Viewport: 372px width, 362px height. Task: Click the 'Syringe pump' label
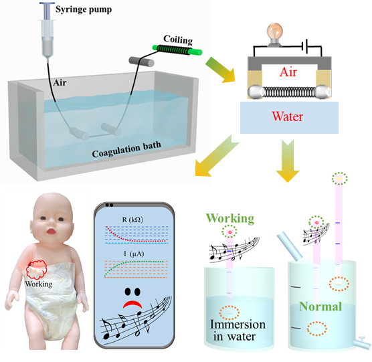pos(84,10)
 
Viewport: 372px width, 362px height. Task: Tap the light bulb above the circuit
pos(275,34)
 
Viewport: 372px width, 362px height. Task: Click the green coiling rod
pos(177,50)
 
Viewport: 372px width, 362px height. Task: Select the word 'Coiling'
pos(178,40)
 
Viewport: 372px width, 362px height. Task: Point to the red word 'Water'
pos(287,116)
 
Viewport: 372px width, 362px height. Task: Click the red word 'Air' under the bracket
pos(288,72)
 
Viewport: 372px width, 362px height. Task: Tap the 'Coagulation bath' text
pos(126,149)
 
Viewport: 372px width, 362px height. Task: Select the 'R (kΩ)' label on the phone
pos(132,220)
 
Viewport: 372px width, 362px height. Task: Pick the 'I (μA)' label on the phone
pos(134,254)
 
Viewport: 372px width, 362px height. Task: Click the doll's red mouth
pos(51,231)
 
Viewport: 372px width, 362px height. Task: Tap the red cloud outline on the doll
pos(36,270)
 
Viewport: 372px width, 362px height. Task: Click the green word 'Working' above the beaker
pos(230,219)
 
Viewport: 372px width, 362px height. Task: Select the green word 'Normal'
pos(320,306)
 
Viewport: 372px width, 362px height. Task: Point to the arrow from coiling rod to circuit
pos(220,70)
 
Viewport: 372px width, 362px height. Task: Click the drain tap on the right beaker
pos(361,343)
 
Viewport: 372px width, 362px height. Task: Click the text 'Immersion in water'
pos(238,330)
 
